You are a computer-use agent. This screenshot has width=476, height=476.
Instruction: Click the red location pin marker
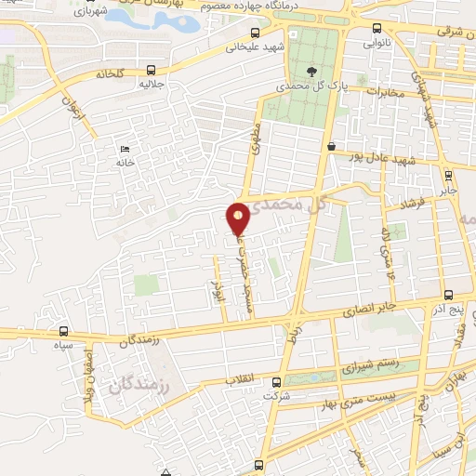(x=239, y=217)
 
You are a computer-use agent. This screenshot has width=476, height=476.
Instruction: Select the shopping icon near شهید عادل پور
(x=332, y=145)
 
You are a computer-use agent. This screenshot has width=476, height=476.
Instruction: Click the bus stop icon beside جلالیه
(x=151, y=69)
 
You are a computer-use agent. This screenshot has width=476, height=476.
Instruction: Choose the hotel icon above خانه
(x=125, y=150)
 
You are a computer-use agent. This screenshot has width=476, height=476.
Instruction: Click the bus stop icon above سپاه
(x=63, y=331)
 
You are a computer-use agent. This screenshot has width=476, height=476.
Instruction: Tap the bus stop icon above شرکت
(x=275, y=382)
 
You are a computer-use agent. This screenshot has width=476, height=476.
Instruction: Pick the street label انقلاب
(x=244, y=379)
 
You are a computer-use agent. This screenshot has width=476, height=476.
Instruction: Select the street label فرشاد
(x=412, y=205)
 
